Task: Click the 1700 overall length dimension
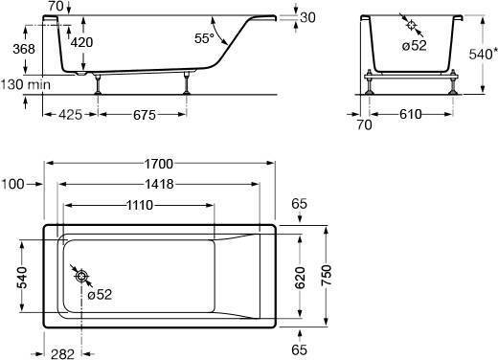click(159, 164)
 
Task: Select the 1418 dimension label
click(159, 184)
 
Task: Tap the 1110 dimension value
click(140, 205)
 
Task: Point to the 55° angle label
click(204, 38)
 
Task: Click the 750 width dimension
click(327, 275)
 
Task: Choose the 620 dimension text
click(301, 278)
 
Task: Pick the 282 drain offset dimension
click(62, 354)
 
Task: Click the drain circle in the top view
click(81, 276)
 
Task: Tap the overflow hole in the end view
click(411, 25)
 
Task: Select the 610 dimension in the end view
click(411, 114)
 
